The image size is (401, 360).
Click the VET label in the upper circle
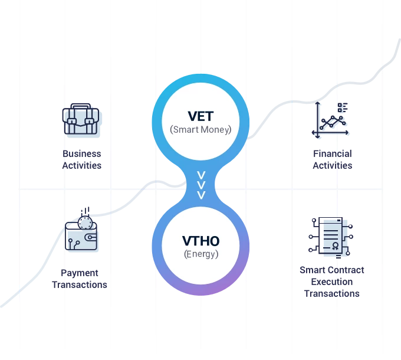pos(200,116)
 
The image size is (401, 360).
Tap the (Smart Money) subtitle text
pos(200,129)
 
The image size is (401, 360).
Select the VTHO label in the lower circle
pos(200,241)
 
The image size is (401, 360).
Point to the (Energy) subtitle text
pos(201,254)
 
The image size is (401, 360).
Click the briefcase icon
pos(81,119)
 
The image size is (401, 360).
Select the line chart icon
pos(330,120)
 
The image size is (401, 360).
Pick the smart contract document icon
pos(331,237)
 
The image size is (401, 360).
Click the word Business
pos(82,153)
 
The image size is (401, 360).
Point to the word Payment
pos(80,273)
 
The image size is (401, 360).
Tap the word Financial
pos(333,153)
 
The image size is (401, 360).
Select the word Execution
pos(332,282)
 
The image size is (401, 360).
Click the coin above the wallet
pos(85,222)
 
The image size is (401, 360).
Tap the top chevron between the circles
pos(201,175)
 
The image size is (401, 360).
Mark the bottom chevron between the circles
pos(201,195)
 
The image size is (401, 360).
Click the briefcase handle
pos(81,106)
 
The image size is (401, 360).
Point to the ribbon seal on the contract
pos(336,246)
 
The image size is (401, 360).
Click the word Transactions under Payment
pos(80,285)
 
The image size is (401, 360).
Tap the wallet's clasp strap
pos(91,237)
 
